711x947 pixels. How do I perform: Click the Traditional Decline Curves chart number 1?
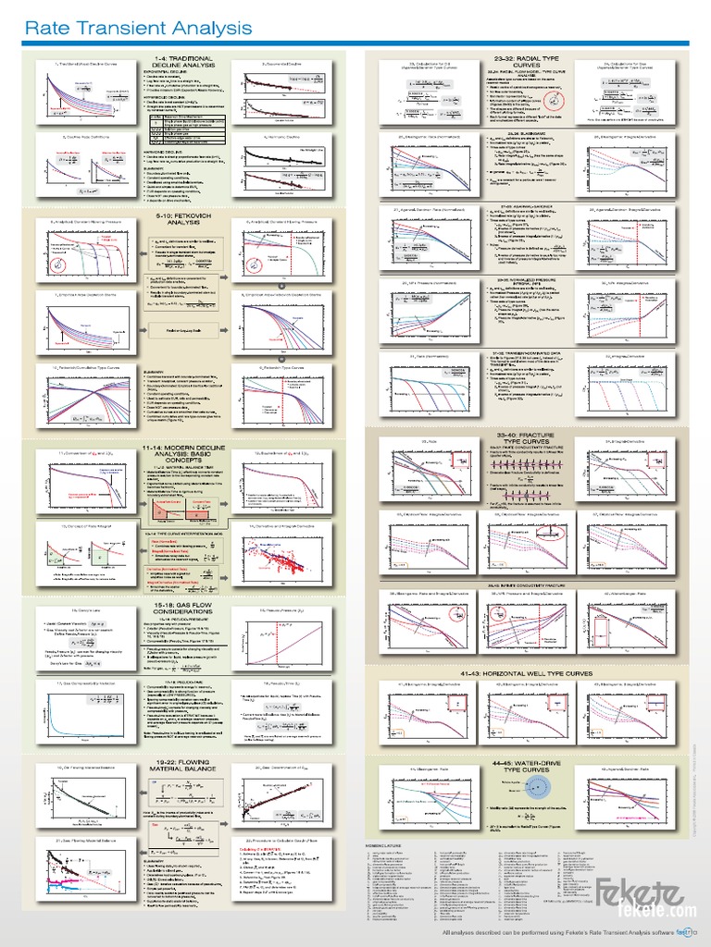(89, 92)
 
